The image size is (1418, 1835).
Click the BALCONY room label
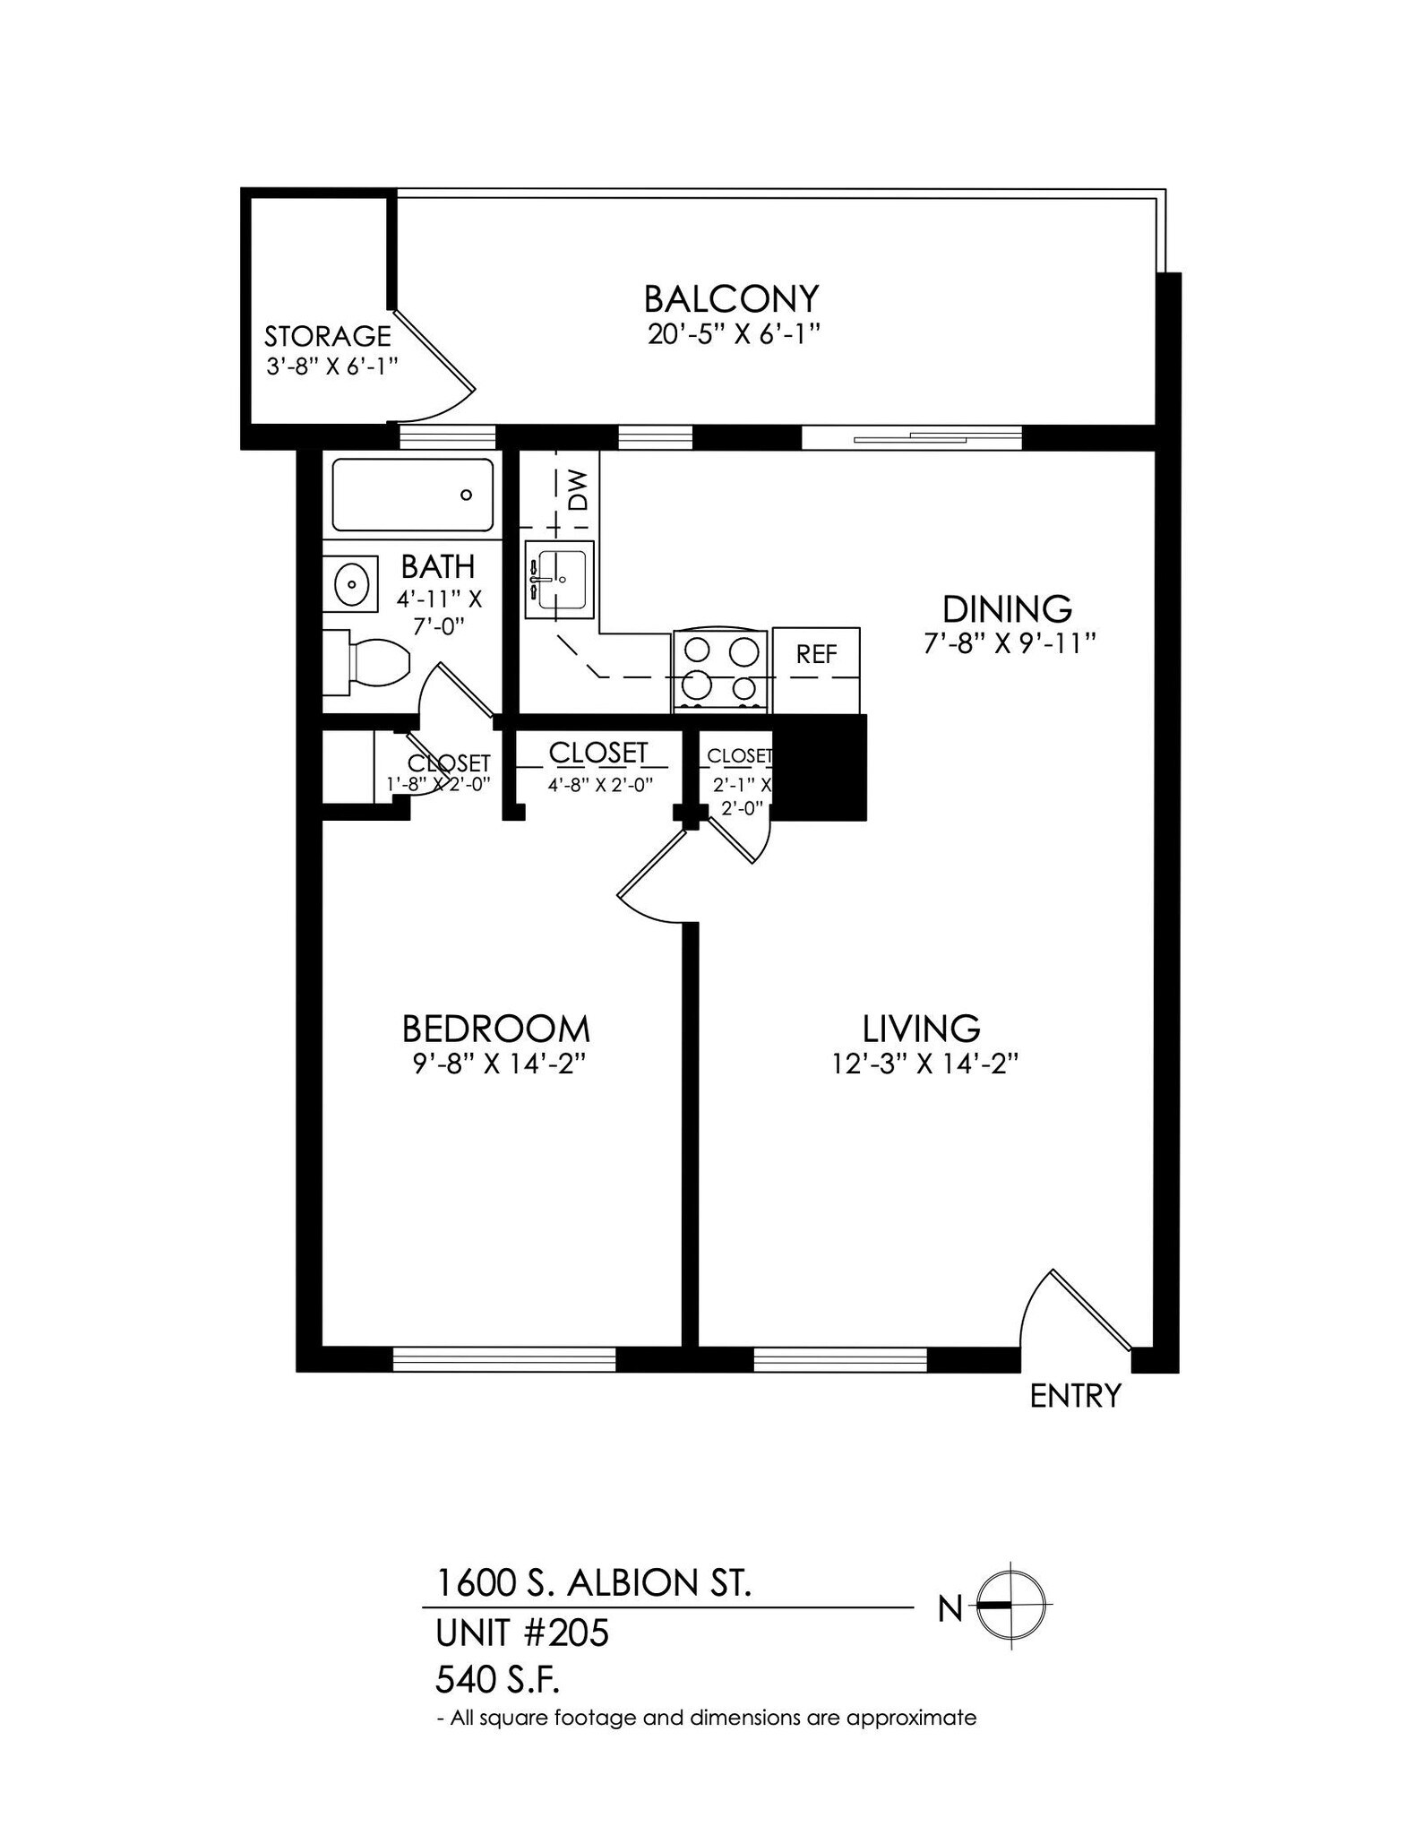pyautogui.click(x=731, y=297)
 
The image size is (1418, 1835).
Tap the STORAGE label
pyautogui.click(x=327, y=336)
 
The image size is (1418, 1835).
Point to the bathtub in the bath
pyautogui.click(x=413, y=495)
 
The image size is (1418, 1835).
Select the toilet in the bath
pyautogui.click(x=374, y=663)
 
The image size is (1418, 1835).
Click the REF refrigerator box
pyautogui.click(x=816, y=655)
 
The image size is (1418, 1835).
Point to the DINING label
pyautogui.click(x=1007, y=609)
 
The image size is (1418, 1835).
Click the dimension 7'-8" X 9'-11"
pyautogui.click(x=1010, y=643)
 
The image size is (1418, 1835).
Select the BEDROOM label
pyautogui.click(x=495, y=1029)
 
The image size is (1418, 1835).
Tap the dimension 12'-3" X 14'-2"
pyautogui.click(x=926, y=1064)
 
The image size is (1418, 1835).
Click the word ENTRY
pyautogui.click(x=1075, y=1396)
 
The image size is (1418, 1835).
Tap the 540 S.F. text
pyautogui.click(x=497, y=1679)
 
